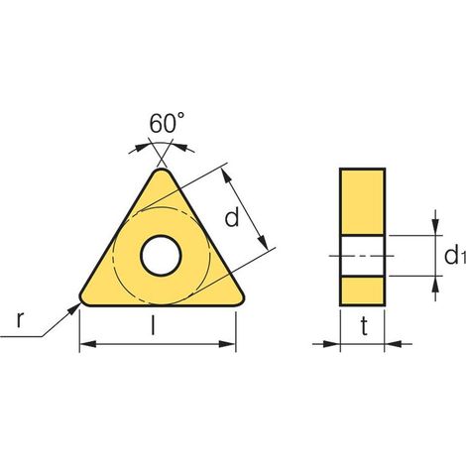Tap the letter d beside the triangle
[232, 217]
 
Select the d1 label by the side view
[455, 256]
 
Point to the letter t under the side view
[364, 326]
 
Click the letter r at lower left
[20, 320]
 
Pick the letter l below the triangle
[153, 325]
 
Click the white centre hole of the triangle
[161, 256]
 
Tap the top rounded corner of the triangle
[162, 173]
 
